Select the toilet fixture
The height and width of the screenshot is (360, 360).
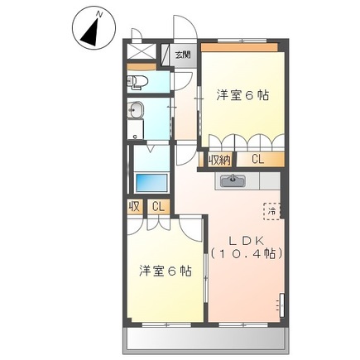click(x=137, y=81)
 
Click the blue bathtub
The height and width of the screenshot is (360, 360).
click(x=151, y=181)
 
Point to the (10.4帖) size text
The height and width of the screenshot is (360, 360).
click(x=246, y=254)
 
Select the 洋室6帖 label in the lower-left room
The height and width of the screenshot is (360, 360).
click(x=166, y=271)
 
